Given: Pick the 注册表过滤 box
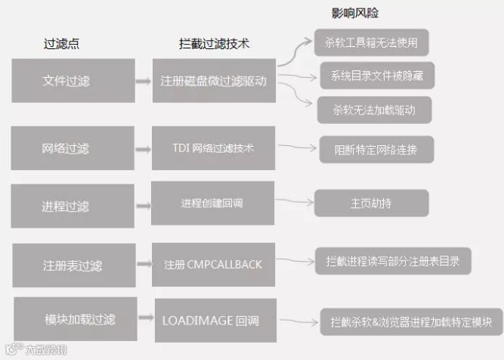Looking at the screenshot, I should click(72, 265).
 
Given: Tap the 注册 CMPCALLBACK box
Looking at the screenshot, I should click(213, 265).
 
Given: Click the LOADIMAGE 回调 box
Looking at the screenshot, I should click(213, 320).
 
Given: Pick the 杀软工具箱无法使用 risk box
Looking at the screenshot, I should click(371, 42).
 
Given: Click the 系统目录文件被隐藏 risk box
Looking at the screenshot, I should click(376, 76).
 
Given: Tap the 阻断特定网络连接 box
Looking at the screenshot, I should click(376, 147).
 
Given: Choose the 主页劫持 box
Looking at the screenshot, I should click(372, 202).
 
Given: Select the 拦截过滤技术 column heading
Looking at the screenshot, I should click(214, 44).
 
